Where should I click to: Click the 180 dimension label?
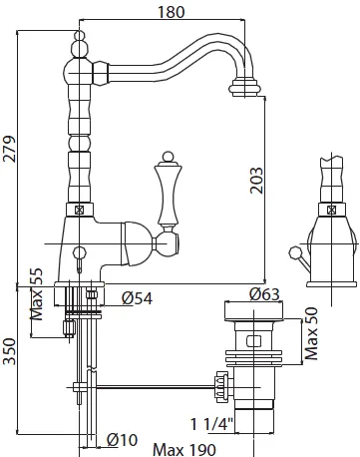pyautogui.click(x=171, y=11)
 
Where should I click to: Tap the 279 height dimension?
pyautogui.click(x=9, y=149)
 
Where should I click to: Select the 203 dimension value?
pyautogui.click(x=256, y=180)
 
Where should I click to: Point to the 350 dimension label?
pyautogui.click(x=9, y=351)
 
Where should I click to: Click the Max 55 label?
pyautogui.click(x=37, y=294)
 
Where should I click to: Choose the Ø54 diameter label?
pyautogui.click(x=137, y=298)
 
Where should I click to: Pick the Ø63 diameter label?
pyautogui.click(x=264, y=293)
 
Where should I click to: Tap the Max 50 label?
pyautogui.click(x=311, y=334)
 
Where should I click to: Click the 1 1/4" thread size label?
pyautogui.click(x=212, y=424)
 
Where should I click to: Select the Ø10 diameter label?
pyautogui.click(x=122, y=440)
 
